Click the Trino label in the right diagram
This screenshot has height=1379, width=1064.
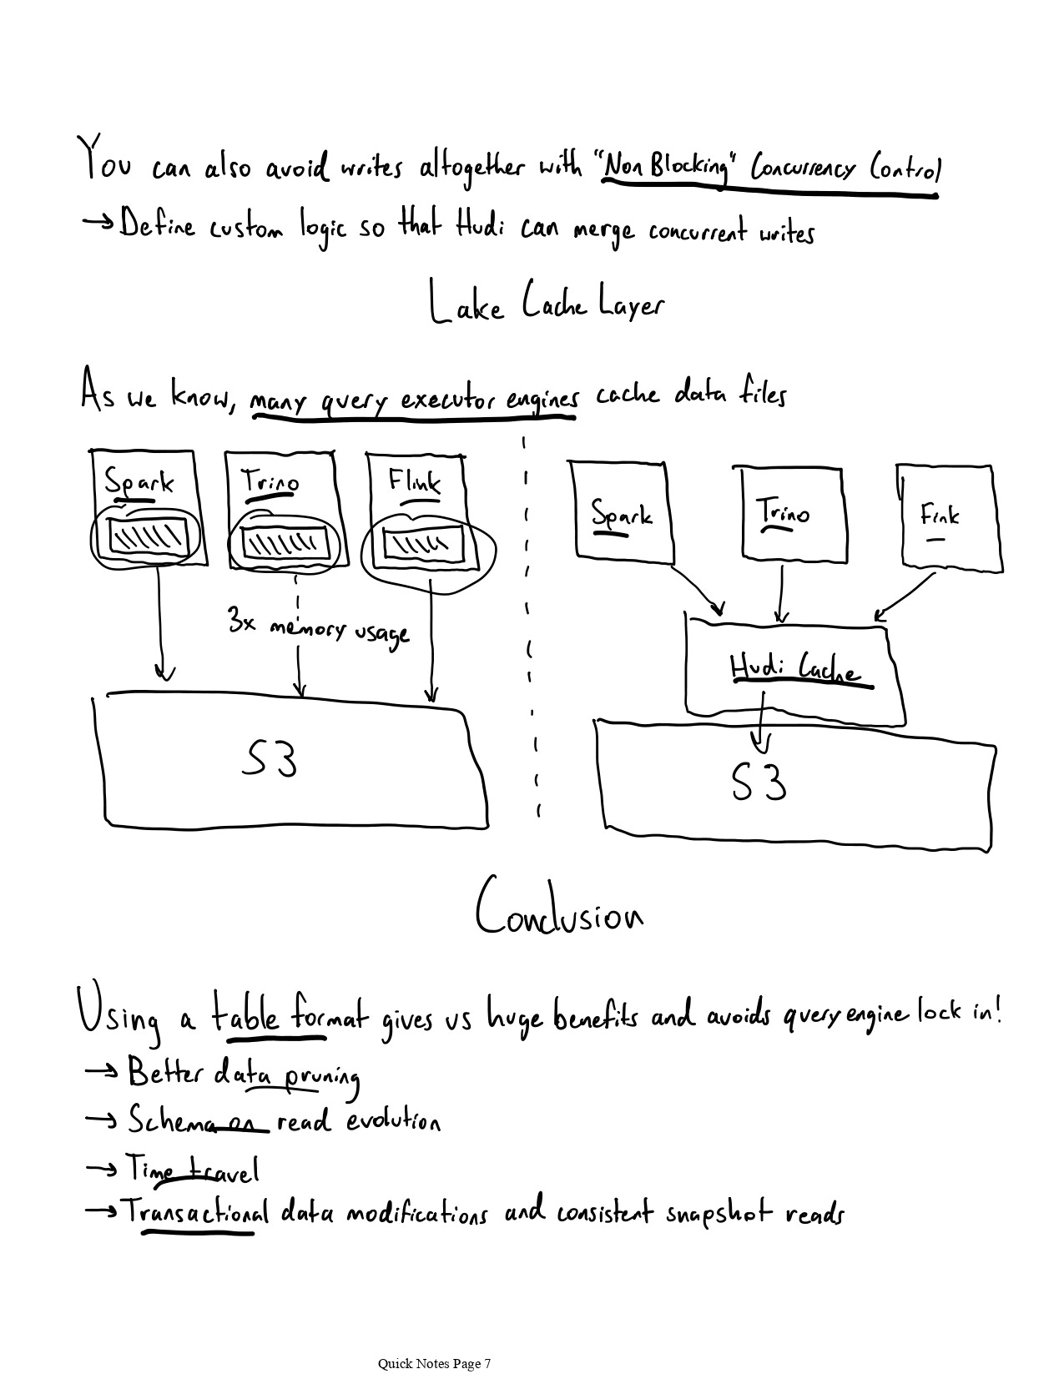click(x=782, y=511)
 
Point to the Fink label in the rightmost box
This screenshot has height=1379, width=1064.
click(x=940, y=515)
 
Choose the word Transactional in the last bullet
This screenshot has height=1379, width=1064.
click(x=197, y=1211)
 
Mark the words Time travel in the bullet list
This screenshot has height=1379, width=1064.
click(x=193, y=1170)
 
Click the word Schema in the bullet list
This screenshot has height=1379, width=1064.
click(x=167, y=1120)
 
